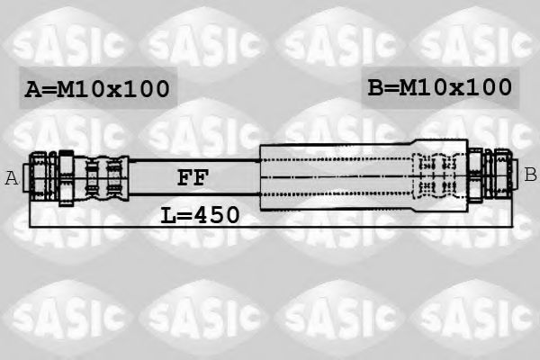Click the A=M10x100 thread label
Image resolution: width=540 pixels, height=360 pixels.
(x=95, y=89)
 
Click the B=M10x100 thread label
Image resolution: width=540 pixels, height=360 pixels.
(x=440, y=87)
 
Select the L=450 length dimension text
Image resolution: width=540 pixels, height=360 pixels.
(x=200, y=214)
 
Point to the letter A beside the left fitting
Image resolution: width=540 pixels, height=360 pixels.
(x=12, y=178)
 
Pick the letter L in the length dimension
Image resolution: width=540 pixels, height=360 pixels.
(x=168, y=214)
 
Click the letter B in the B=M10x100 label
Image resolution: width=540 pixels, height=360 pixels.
(x=376, y=87)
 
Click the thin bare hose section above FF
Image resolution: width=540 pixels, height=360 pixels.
(x=193, y=162)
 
